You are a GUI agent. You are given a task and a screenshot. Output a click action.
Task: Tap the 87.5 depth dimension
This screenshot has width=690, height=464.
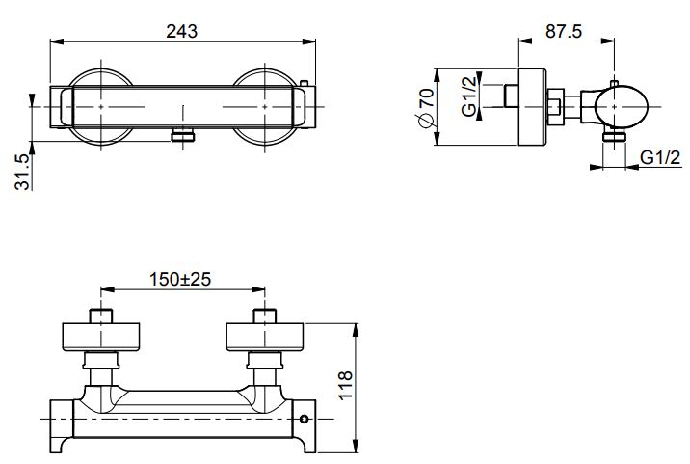(x=564, y=30)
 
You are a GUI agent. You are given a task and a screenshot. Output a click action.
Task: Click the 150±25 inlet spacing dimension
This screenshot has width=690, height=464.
(x=180, y=279)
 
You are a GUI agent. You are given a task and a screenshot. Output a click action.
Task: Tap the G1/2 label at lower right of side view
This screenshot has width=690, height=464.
(x=661, y=157)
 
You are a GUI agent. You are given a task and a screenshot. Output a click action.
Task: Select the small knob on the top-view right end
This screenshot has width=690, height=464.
(x=304, y=85)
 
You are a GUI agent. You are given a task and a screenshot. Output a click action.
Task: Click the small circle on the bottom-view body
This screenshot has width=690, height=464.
(x=305, y=420)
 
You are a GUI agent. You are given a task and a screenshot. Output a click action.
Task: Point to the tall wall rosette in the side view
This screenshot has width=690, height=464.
(x=532, y=107)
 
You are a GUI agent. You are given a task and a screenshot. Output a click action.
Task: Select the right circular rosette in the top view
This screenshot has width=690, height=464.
(x=265, y=106)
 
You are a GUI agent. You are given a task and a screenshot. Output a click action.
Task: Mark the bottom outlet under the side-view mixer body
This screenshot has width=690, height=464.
(x=610, y=138)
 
